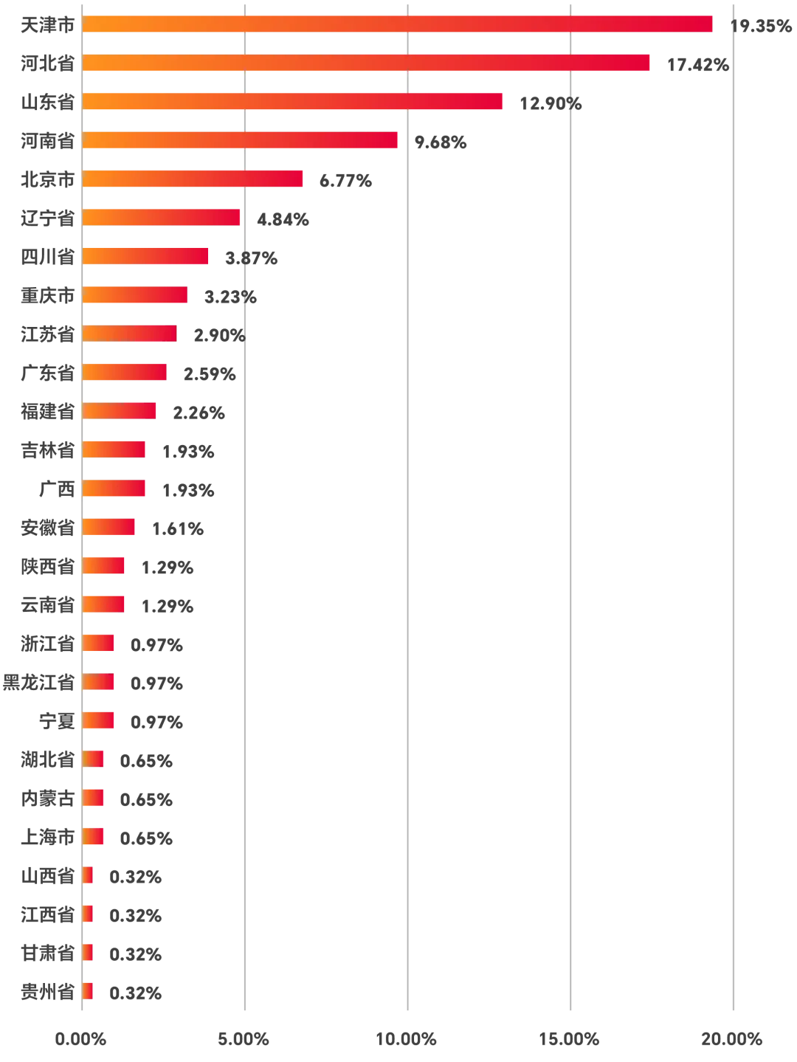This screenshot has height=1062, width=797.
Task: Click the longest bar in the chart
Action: pos(398,24)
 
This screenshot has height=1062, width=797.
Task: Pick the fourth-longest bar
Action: pos(241,140)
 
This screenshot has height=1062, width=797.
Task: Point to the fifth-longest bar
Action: pos(194,179)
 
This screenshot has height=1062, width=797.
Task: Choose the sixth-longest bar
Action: pos(162,217)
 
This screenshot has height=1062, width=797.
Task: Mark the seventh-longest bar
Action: pos(147,256)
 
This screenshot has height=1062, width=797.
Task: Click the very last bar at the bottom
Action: pos(89,991)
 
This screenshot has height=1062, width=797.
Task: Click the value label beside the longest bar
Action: pos(760,27)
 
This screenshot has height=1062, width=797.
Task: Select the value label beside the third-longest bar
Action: pos(551,103)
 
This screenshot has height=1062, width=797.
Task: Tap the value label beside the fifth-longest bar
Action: pos(348,181)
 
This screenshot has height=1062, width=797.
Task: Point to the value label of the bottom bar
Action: pos(134,994)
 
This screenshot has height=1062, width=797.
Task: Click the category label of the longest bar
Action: pos(46,24)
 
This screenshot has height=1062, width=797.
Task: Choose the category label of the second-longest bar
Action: pos(46,63)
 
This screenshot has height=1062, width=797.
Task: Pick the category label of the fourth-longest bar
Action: pos(46,140)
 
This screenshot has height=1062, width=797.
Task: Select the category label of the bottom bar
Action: pos(46,991)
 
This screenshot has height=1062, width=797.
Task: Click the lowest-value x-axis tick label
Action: pos(80,1041)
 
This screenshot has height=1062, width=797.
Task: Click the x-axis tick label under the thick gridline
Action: pos(406,1041)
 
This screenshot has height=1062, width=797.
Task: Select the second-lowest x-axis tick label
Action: pos(243,1041)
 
